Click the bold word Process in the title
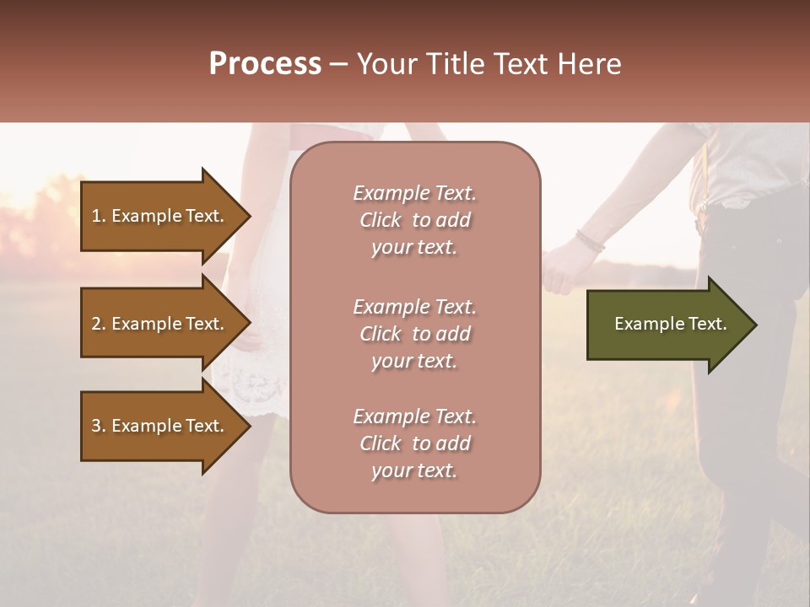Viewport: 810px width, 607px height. click(265, 64)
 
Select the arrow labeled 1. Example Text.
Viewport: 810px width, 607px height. click(160, 216)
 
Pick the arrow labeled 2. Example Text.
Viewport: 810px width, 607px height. click(160, 324)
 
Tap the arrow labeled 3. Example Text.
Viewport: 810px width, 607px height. click(160, 426)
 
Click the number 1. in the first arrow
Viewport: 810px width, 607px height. click(99, 216)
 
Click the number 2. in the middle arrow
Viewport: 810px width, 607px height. click(99, 324)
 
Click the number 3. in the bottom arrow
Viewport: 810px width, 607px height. click(99, 426)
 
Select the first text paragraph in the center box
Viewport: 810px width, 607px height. click(414, 220)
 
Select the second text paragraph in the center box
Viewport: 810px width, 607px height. click(414, 334)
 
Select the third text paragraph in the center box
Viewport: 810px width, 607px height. click(414, 443)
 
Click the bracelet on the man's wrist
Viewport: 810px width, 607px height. click(590, 241)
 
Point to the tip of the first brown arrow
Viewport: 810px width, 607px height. click(250, 216)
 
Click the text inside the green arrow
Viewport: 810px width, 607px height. click(670, 324)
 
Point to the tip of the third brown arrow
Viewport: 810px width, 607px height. click(250, 426)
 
